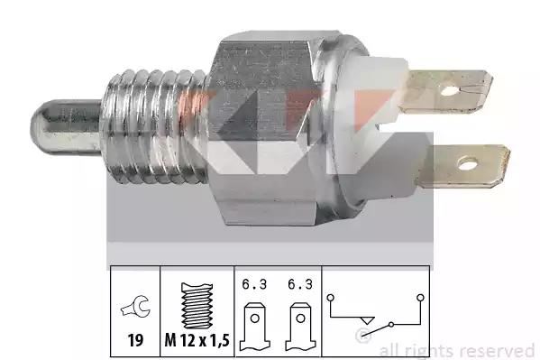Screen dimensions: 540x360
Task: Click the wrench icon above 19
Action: [136, 307]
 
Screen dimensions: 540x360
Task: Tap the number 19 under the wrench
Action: [135, 340]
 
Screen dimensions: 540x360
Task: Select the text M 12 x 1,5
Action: [197, 340]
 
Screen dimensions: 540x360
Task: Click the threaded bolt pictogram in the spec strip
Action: [197, 306]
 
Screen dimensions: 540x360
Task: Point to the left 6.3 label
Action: [254, 284]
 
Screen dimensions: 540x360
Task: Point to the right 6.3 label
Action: [300, 284]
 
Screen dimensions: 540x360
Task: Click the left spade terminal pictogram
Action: [255, 327]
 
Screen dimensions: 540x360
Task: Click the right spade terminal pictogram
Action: [300, 327]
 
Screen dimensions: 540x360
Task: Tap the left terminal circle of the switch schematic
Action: [330, 297]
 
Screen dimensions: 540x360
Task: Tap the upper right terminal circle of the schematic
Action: [420, 297]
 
